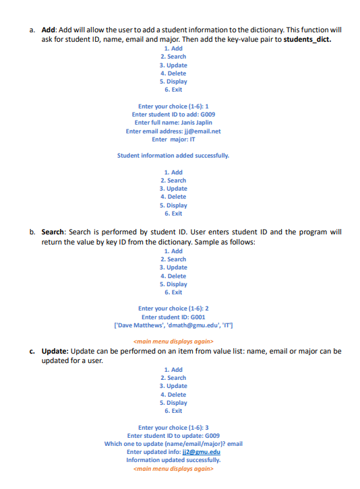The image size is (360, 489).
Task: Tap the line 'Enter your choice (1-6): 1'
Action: coord(173,106)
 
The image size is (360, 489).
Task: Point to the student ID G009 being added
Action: coord(207,115)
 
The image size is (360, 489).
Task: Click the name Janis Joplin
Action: coord(197,123)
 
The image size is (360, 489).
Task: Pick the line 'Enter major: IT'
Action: coord(173,139)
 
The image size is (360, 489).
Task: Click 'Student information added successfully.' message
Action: coord(173,156)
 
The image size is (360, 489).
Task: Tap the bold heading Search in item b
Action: coord(53,232)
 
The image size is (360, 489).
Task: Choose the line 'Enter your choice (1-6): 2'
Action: coord(173,308)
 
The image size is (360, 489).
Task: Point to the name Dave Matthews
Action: coord(142,325)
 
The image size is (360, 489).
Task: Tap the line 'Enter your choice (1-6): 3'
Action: coord(173,428)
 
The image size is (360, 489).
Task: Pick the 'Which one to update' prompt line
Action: coord(173,444)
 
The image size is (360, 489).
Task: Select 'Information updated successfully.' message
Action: coord(173,460)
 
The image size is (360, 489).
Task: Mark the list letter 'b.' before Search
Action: coord(32,232)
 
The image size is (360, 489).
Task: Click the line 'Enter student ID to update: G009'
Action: coord(173,436)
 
